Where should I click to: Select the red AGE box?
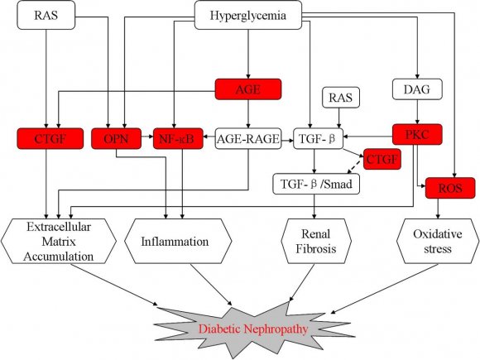pyautogui.click(x=248, y=89)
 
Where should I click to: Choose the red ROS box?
pyautogui.click(x=448, y=190)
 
